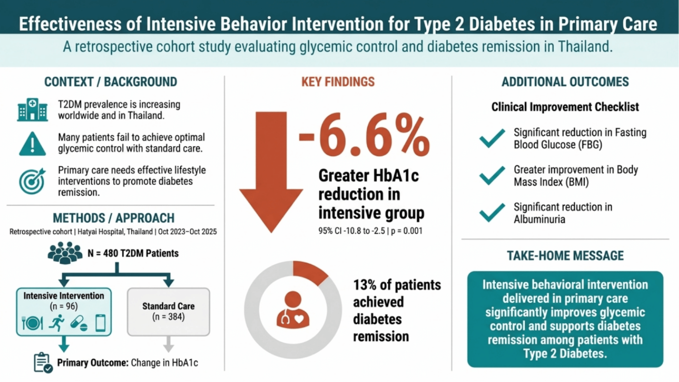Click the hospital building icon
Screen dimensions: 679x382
point(33,110)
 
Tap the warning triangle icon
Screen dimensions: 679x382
point(33,144)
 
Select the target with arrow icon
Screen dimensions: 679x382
point(32,181)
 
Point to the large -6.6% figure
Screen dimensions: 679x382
point(364,135)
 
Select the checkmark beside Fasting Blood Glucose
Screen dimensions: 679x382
point(492,138)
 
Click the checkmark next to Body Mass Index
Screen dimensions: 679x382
point(492,175)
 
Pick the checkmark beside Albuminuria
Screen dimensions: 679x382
point(492,213)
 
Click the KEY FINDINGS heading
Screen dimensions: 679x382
point(338,82)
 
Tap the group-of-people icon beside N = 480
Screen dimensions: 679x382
point(65,253)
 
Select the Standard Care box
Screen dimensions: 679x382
point(168,312)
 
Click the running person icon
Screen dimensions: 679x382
point(57,323)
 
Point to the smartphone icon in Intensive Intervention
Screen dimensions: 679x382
point(100,323)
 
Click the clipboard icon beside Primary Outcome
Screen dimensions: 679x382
point(43,363)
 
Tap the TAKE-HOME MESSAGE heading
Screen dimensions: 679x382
point(565,256)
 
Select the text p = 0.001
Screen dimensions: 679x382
point(406,231)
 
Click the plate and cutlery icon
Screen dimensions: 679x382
point(33,323)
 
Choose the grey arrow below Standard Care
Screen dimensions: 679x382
point(168,344)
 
